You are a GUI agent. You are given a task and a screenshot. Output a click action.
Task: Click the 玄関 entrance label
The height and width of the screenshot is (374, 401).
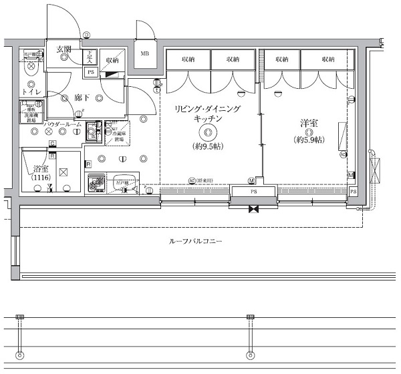64,49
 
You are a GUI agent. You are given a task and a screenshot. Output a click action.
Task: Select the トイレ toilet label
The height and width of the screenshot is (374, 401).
32,91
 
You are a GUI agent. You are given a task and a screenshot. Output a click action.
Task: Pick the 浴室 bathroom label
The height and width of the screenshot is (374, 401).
41,168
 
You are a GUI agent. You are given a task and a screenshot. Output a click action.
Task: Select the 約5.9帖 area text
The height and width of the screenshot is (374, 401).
308,140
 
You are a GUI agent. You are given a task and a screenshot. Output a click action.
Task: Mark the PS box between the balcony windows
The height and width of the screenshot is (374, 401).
253,192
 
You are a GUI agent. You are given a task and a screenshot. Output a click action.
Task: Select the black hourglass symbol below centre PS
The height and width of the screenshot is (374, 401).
253,210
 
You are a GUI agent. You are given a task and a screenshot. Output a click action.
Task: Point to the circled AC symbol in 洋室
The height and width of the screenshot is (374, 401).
343,155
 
